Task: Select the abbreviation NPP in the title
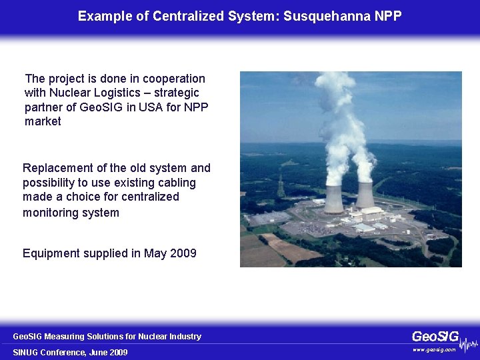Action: (389, 16)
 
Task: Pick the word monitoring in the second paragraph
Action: (54, 213)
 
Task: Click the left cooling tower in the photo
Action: (334, 199)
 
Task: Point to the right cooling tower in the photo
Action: (365, 194)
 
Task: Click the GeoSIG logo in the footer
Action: (435, 336)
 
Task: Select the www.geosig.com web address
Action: (434, 349)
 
